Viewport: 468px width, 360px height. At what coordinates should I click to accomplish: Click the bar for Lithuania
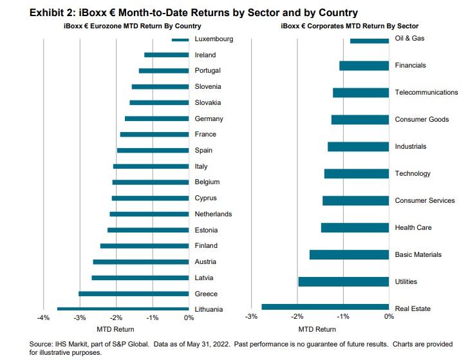(x=123, y=309)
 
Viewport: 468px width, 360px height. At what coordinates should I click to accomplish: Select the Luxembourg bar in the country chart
(x=180, y=40)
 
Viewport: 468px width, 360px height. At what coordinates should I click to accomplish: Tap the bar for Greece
(x=134, y=294)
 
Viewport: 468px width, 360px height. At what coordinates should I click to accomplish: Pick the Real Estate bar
(x=325, y=307)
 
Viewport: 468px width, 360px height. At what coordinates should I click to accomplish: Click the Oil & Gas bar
(x=370, y=41)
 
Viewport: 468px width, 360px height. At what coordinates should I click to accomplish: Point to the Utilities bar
(x=344, y=281)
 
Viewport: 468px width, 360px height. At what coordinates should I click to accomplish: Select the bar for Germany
(x=157, y=118)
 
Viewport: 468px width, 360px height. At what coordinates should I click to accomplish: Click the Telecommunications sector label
(x=426, y=93)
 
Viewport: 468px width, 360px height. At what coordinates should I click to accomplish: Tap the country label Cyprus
(x=206, y=198)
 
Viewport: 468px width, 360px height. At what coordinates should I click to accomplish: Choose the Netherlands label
(x=213, y=214)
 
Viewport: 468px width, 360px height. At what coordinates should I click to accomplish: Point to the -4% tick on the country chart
(x=43, y=317)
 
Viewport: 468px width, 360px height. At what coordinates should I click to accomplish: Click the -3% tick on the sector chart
(x=252, y=316)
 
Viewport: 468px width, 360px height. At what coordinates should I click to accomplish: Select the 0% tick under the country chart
(x=189, y=317)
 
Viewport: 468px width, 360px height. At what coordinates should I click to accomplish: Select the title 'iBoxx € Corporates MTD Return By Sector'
(x=350, y=26)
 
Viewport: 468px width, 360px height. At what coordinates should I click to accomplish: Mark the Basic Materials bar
(x=349, y=254)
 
